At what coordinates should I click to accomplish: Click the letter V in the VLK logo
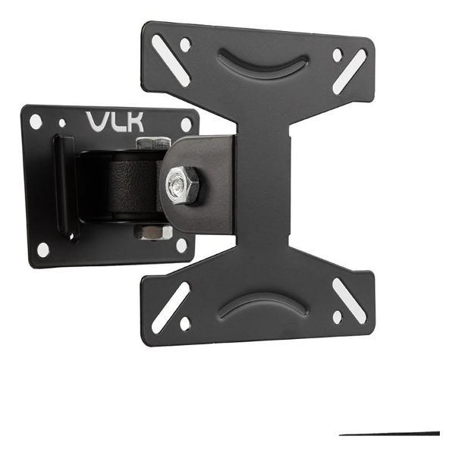pyautogui.click(x=98, y=121)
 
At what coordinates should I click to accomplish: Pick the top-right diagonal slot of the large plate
pyautogui.click(x=350, y=71)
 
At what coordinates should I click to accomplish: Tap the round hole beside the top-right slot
pyautogui.click(x=337, y=55)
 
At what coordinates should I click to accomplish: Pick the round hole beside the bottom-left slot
pyautogui.click(x=185, y=323)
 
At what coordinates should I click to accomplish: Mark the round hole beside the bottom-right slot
pyautogui.click(x=337, y=316)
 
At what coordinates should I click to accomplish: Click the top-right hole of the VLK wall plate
pyautogui.click(x=185, y=124)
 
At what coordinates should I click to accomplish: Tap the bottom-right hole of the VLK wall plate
pyautogui.click(x=181, y=244)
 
